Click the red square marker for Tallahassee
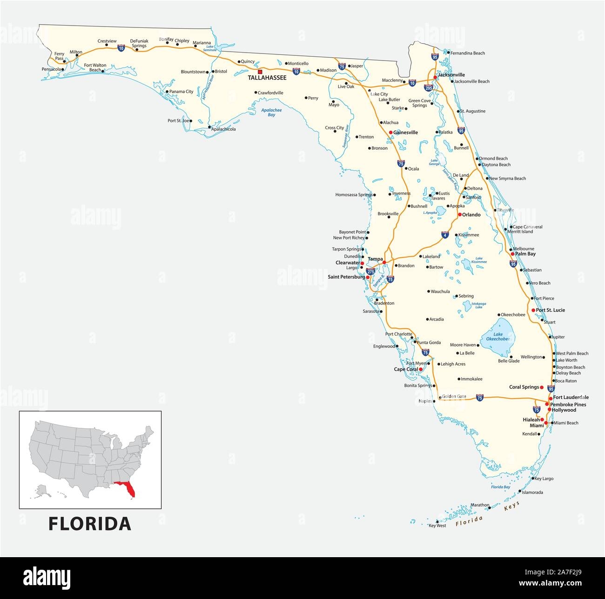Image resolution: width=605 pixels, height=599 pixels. (260, 72)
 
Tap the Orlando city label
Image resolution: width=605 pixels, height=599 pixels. (471, 215)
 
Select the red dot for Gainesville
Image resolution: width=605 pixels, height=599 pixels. (390, 133)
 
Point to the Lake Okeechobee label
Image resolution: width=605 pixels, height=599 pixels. (498, 336)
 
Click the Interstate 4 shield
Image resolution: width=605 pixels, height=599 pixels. (444, 235)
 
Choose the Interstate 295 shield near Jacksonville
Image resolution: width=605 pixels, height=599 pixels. (429, 87)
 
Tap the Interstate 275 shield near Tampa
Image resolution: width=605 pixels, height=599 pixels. (370, 271)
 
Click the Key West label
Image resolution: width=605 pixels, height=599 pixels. (437, 526)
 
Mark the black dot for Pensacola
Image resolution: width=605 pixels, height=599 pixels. (62, 69)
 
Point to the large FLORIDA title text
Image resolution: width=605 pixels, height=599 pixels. (90, 524)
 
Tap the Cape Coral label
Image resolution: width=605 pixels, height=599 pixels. (406, 370)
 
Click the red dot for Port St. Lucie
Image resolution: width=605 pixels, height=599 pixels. (533, 310)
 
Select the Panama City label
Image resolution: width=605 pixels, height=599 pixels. (181, 92)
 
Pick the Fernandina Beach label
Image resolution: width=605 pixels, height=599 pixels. (468, 53)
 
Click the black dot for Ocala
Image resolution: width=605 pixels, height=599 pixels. (406, 169)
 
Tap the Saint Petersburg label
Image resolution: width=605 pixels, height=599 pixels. (346, 277)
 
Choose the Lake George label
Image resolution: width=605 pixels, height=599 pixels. (434, 162)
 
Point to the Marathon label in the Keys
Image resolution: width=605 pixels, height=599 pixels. (480, 505)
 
